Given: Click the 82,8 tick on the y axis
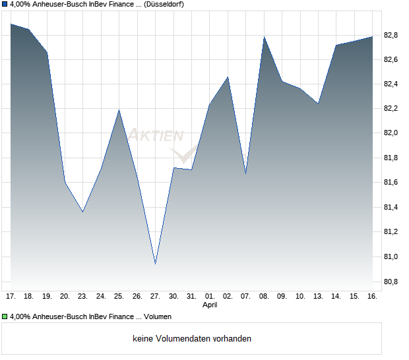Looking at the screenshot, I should point(391,35).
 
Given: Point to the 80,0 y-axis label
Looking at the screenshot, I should point(391,257).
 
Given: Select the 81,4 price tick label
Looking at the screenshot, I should point(391,208).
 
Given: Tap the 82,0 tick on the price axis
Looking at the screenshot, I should point(391,133).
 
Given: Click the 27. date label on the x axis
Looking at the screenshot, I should point(155,296).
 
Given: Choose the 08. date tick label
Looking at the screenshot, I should point(264,296).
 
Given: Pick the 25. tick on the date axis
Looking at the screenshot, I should point(119,296).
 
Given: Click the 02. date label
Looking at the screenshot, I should point(228,296).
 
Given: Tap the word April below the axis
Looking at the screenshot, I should point(209,305).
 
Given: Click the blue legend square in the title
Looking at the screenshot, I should point(5,5).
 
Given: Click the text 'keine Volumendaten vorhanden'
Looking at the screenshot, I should point(192,338).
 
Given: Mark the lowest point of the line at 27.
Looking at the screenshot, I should point(155,264).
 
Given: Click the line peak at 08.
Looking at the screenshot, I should point(264,37).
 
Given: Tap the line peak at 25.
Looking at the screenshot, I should point(119,110).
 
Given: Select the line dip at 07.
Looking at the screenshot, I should point(245,173).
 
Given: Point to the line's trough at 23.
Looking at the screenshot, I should point(82,212).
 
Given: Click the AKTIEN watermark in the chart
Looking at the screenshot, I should point(155,136).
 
